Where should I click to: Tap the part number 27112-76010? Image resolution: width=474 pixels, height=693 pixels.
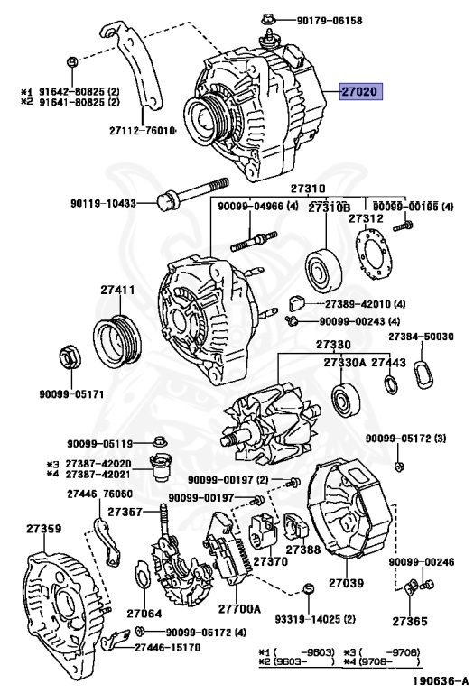coord(143,131)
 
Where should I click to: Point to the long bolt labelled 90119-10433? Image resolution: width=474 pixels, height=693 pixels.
coord(193,194)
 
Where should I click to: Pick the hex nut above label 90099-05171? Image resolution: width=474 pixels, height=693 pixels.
coord(70,356)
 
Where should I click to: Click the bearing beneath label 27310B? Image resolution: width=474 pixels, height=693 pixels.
coord(324,271)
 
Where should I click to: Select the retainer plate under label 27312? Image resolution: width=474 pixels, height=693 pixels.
coord(373,254)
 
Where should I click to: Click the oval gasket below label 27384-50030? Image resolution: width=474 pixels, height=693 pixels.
coord(423,374)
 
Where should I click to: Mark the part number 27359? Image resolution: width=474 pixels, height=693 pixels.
coord(43,529)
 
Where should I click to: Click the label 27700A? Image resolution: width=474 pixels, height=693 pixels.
coord(239,608)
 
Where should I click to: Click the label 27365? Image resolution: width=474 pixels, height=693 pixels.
coord(410,621)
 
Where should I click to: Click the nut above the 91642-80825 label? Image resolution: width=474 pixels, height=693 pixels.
coord(72,61)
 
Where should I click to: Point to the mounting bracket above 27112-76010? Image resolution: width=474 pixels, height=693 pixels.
coord(133,66)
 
